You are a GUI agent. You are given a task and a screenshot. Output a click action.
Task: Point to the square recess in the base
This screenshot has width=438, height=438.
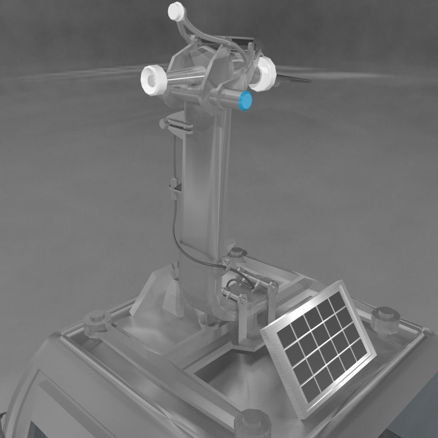[x=226, y=365]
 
